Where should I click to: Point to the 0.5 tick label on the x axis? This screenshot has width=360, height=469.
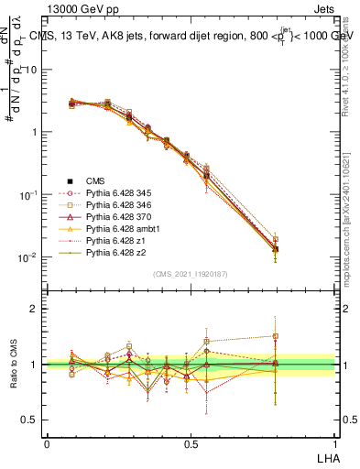pos(191,442)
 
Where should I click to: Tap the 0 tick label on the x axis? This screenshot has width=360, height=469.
pos(47,442)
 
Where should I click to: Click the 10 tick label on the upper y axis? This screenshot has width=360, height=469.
pos(31,70)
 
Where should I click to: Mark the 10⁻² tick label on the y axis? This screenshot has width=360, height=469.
pos(28,257)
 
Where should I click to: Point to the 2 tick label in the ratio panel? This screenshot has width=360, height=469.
pos(35,309)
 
